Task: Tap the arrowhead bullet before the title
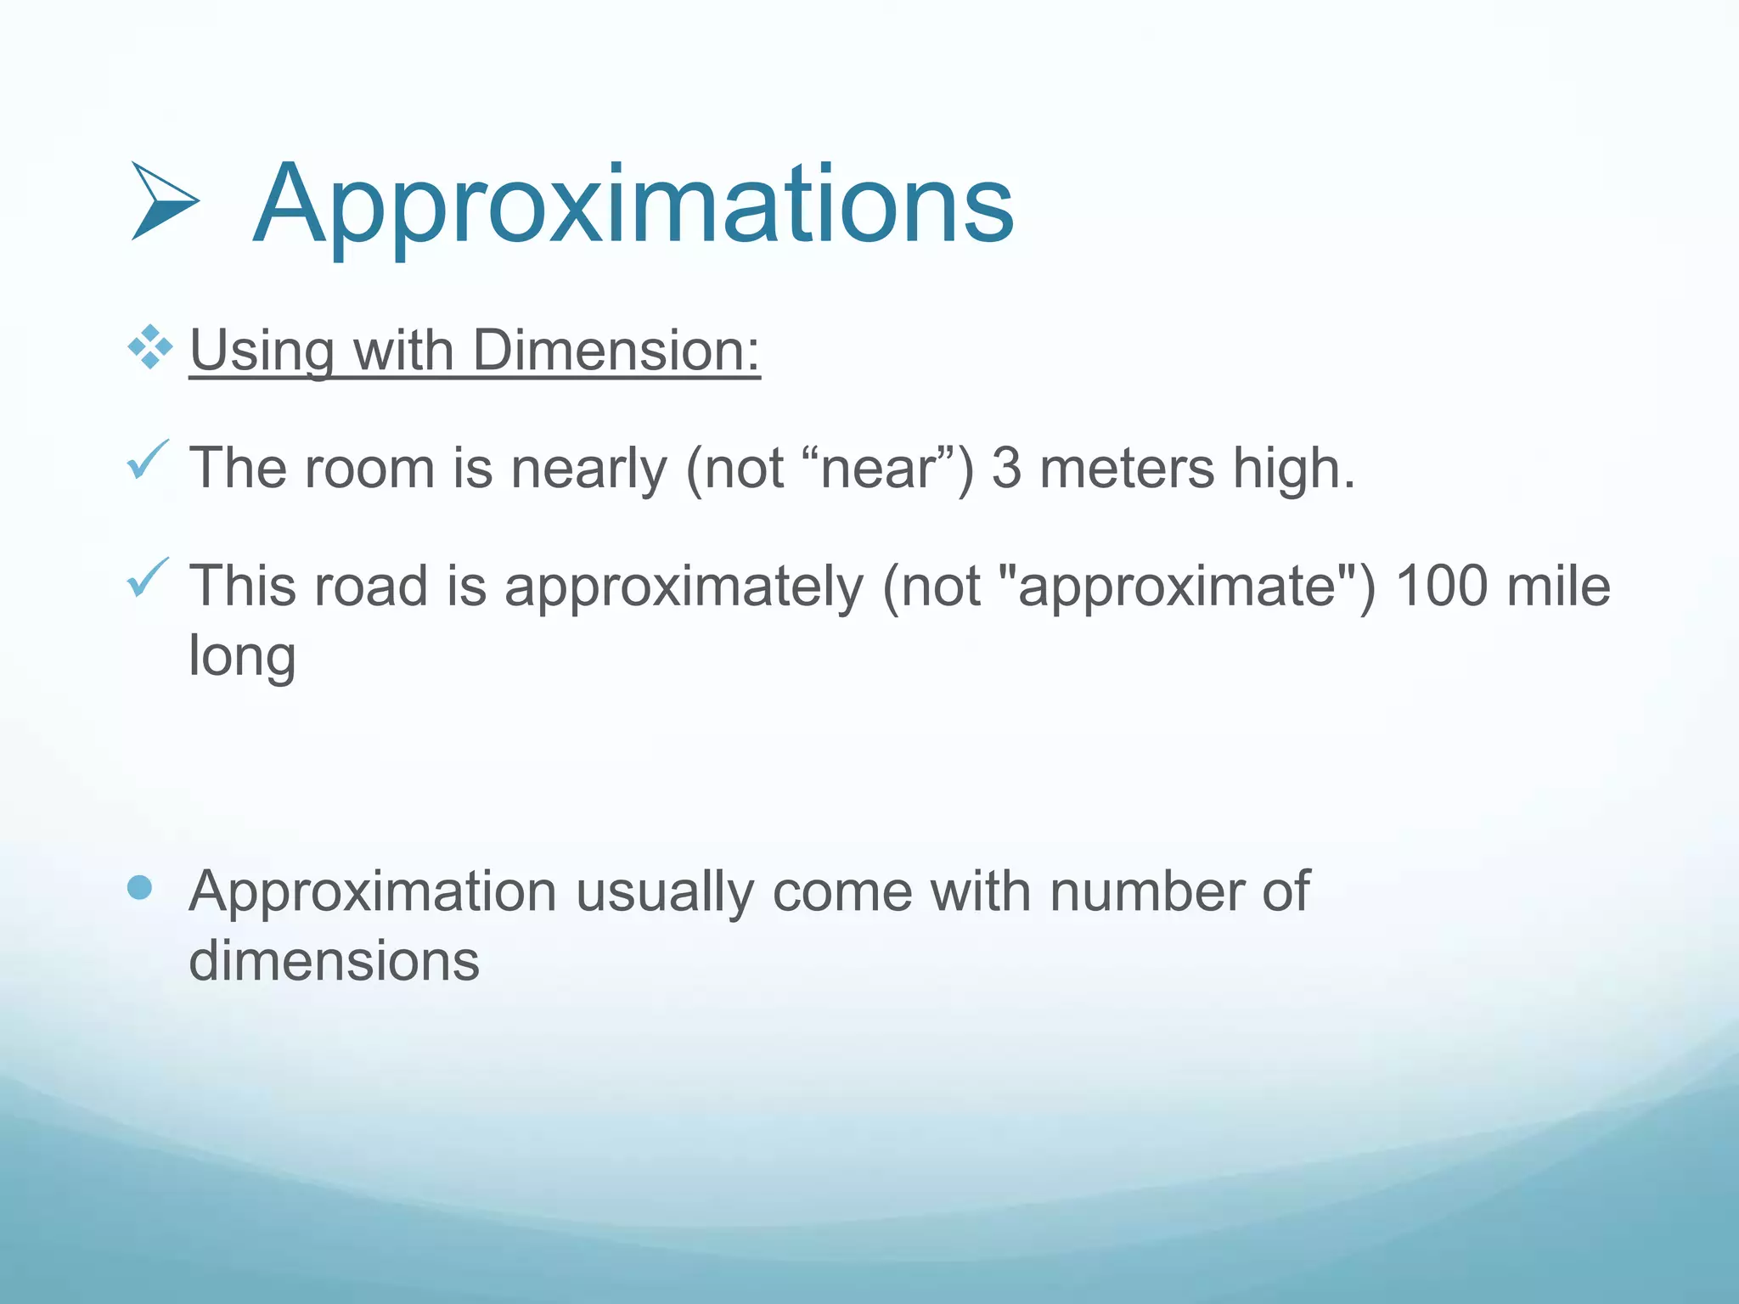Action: tap(164, 201)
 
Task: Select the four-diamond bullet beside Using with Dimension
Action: tap(150, 347)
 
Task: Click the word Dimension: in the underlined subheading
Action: tap(616, 350)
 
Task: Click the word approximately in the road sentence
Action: tap(684, 587)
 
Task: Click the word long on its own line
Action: tap(242, 656)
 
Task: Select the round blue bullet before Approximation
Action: tap(139, 888)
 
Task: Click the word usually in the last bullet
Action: tap(664, 892)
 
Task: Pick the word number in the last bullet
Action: tap(1146, 892)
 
